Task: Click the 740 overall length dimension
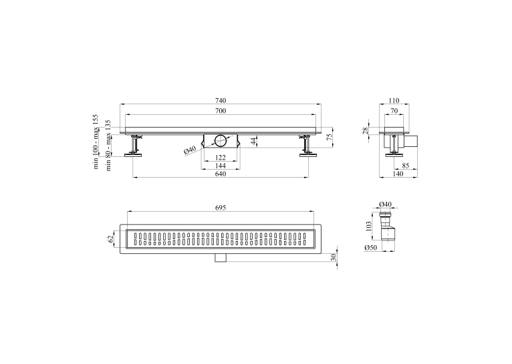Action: [x=221, y=100]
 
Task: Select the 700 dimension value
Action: [x=221, y=111]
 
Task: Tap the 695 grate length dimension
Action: [x=221, y=208]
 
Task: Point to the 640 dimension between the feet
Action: [x=221, y=174]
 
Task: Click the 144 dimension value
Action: [x=221, y=166]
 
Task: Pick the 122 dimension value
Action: [x=221, y=158]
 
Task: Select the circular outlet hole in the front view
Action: [x=221, y=140]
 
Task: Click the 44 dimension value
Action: [x=254, y=141]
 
